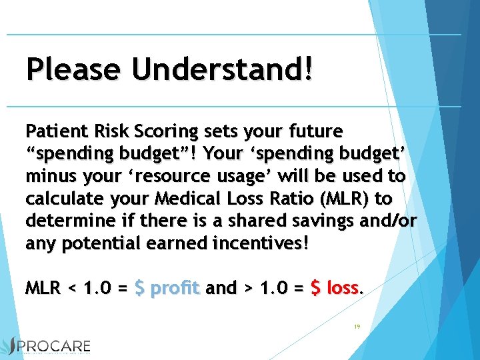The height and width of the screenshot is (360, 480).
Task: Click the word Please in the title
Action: pyautogui.click(x=74, y=69)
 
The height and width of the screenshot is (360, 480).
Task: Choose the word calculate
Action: pyautogui.click(x=61, y=199)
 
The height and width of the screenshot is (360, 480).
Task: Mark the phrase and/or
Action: pyautogui.click(x=387, y=221)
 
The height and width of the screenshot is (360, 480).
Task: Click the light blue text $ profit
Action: pyautogui.click(x=167, y=288)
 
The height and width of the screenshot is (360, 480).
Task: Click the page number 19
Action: pyautogui.click(x=357, y=327)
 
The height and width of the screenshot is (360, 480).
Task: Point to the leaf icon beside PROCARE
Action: pyautogui.click(x=9, y=347)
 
